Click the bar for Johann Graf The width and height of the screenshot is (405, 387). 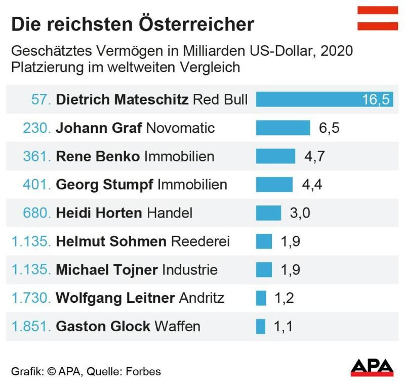click(282, 128)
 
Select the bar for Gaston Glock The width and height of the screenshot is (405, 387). click(261, 326)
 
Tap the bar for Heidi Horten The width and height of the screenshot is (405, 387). click(268, 213)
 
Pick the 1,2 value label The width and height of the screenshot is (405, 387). click(283, 298)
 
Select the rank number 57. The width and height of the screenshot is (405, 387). click(41, 99)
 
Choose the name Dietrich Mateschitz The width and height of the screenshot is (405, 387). click(122, 99)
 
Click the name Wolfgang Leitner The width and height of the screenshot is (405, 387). click(115, 298)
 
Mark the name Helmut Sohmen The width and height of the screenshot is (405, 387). click(111, 241)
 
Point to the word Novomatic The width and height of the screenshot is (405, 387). click(180, 128)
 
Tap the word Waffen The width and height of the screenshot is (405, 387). click(178, 326)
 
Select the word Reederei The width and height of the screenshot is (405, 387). click(200, 241)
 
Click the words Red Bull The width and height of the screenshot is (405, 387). click(221, 99)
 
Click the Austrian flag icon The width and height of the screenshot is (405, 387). click(378, 19)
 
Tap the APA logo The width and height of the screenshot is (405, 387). click(372, 367)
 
